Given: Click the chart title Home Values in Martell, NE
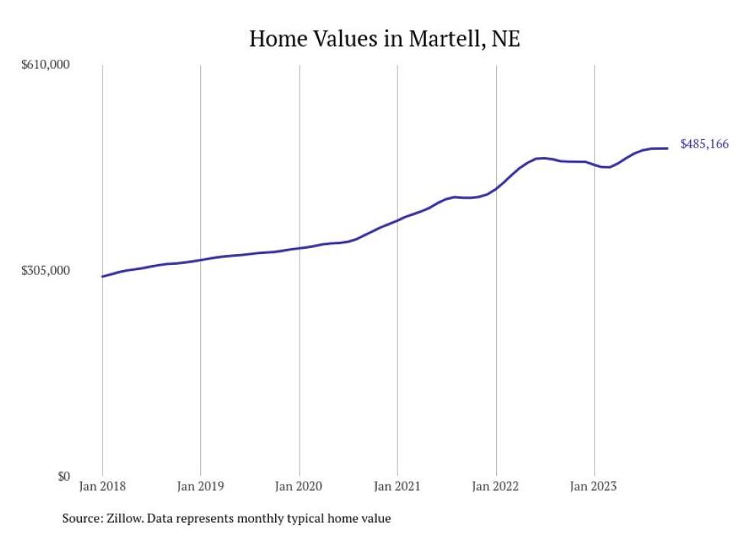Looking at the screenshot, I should [x=384, y=38].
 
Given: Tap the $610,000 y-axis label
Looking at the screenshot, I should [x=45, y=65].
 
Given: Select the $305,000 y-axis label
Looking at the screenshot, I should [x=45, y=271].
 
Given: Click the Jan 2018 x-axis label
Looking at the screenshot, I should [x=102, y=486].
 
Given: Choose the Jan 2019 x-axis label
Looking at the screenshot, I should [x=200, y=486].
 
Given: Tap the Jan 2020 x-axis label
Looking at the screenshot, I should [x=299, y=486].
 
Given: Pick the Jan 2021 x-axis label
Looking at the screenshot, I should [x=397, y=486].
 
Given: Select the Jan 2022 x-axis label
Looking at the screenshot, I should [x=496, y=486].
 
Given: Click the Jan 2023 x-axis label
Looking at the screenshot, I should [x=594, y=486].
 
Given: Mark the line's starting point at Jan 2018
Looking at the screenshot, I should [x=102, y=276].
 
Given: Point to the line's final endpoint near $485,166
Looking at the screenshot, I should [x=667, y=148].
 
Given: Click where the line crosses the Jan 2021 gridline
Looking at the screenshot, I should [x=397, y=220].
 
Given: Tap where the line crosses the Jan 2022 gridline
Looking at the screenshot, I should [x=496, y=188].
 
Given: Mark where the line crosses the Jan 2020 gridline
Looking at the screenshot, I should [x=299, y=248].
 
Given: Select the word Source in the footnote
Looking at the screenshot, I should [x=81, y=519].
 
